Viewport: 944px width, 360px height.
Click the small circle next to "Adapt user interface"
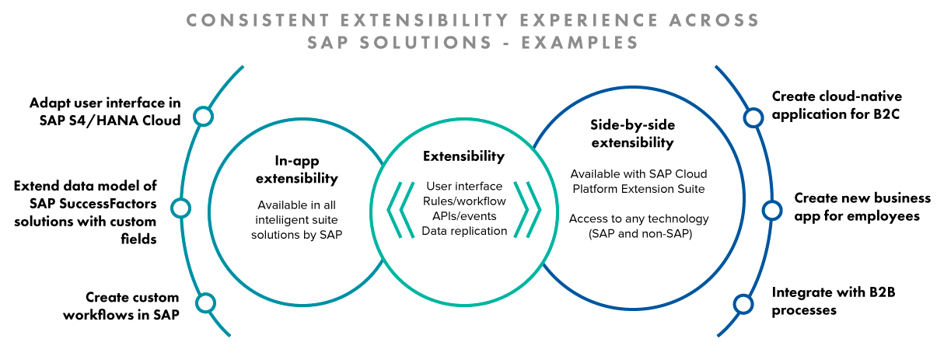click(x=204, y=117)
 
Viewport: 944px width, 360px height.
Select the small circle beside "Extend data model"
click(x=181, y=208)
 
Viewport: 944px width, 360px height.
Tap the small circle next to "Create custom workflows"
click(x=206, y=302)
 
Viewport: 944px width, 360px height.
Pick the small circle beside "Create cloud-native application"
click(x=753, y=117)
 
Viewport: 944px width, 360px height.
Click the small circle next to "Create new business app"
click(x=772, y=210)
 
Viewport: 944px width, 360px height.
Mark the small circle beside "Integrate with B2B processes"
click(x=743, y=304)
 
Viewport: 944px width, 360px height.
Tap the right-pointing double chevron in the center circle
click(x=527, y=209)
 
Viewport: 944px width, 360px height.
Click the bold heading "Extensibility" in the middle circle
click(x=463, y=156)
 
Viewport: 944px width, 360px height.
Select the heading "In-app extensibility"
click(x=297, y=170)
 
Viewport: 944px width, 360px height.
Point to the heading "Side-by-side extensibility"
click(x=632, y=134)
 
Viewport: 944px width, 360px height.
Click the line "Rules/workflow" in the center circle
click(x=464, y=201)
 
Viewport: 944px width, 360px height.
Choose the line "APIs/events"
click(x=464, y=216)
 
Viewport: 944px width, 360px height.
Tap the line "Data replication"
click(x=464, y=231)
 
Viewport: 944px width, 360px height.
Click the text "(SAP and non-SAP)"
click(x=640, y=233)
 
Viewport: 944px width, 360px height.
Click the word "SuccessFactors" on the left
click(x=108, y=204)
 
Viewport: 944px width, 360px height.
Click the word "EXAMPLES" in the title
click(x=580, y=43)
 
